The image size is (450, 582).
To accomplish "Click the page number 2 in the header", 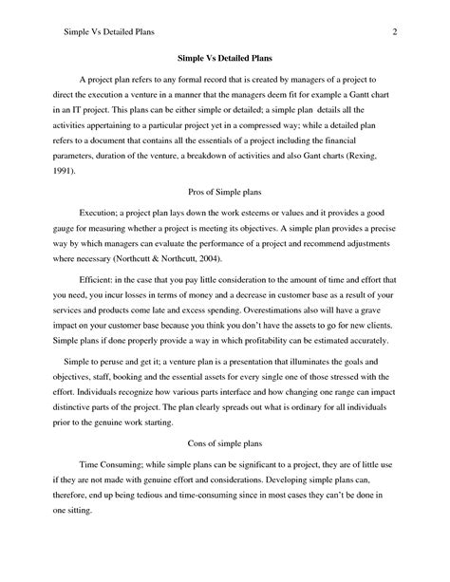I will (392, 32).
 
